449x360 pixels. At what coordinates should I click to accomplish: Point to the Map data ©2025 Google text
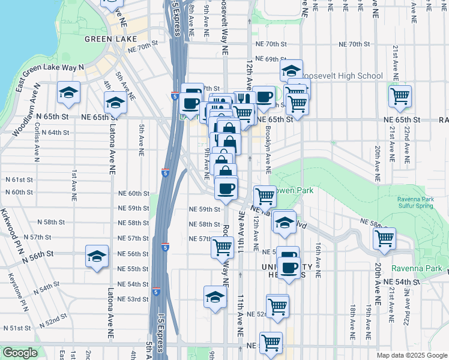click(x=411, y=355)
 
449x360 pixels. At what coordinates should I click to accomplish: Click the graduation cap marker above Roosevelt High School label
click(x=291, y=71)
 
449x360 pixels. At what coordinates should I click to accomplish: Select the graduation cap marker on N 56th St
click(x=96, y=257)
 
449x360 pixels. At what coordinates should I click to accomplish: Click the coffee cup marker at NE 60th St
click(x=226, y=189)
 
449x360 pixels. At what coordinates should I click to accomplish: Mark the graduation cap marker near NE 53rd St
click(x=215, y=297)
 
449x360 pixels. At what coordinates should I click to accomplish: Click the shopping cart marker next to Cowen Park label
click(x=265, y=196)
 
